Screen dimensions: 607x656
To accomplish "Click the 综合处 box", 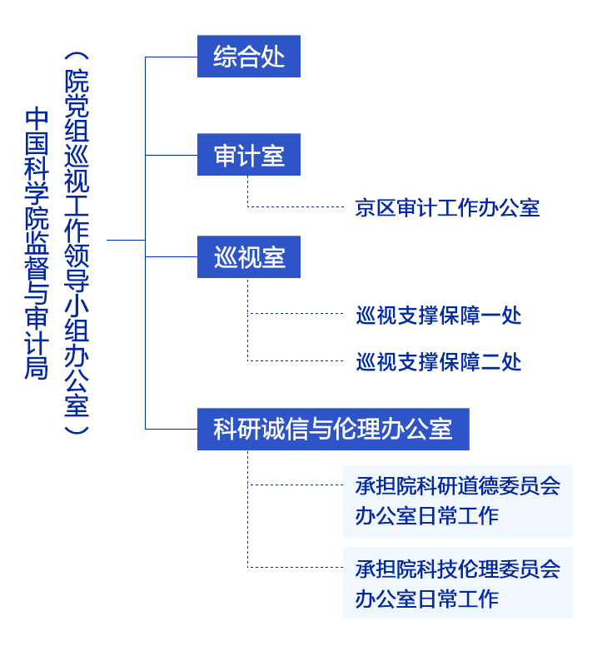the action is tap(249, 56).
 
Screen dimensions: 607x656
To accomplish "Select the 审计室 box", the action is tap(249, 154).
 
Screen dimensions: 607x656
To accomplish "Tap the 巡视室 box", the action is tap(249, 256).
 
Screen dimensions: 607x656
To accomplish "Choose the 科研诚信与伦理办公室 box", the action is tap(333, 429).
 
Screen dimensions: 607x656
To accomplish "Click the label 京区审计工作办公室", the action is tap(447, 207).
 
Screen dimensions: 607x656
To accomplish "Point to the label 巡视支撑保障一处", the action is tap(439, 315).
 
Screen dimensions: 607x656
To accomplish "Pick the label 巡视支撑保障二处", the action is tap(439, 362).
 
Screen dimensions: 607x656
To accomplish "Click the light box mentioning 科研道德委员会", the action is tap(458, 501).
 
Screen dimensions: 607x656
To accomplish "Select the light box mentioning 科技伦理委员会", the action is tap(458, 583).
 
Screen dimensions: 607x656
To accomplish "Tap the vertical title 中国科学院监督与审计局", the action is tap(37, 243).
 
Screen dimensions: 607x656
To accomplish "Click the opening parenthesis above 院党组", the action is tap(77, 57).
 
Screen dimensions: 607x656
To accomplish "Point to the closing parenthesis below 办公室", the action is tap(77, 430).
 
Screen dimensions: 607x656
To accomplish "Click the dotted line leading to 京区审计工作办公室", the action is tap(296, 206).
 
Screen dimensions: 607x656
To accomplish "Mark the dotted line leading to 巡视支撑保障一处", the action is tap(296, 313).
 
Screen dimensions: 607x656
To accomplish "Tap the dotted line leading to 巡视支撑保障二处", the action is tap(296, 360).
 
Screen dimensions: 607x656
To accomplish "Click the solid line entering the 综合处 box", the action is tap(172, 57).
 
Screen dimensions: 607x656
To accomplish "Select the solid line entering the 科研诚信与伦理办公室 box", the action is tap(172, 429).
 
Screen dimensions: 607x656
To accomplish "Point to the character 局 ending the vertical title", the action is tap(37, 368).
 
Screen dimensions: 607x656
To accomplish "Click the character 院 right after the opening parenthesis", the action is tap(77, 81).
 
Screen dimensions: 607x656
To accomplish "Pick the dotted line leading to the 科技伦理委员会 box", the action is tap(296, 567).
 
